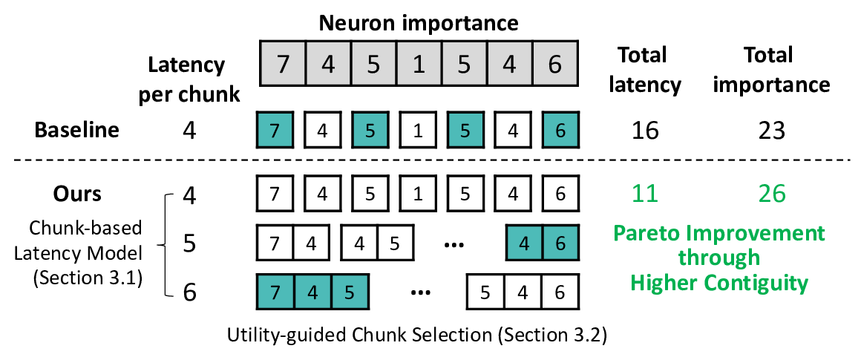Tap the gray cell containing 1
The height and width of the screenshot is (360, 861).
click(x=419, y=64)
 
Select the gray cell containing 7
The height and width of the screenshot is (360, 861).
click(x=281, y=64)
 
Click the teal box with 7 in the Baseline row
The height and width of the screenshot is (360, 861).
click(x=275, y=131)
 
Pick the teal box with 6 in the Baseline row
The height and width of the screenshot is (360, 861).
click(x=560, y=131)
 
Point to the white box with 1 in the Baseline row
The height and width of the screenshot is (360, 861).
click(x=418, y=131)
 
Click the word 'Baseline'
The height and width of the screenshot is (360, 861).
click(x=76, y=130)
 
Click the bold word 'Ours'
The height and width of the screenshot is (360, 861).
click(x=76, y=193)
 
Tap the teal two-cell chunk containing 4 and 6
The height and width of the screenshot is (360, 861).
click(x=542, y=242)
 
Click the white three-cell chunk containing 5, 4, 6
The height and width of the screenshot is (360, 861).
click(x=523, y=290)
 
